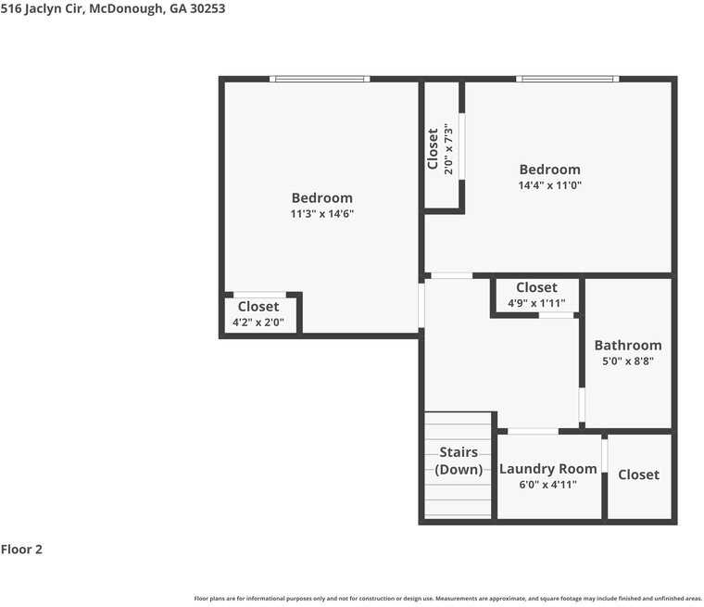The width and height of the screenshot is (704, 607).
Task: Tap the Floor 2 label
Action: coord(21,550)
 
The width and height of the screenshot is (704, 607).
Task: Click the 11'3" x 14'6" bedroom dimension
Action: coord(321,214)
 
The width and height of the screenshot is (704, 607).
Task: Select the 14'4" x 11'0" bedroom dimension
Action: coord(549,185)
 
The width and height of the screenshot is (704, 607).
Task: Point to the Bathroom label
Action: coord(627,346)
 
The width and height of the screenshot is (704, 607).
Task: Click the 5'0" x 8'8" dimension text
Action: coord(627,361)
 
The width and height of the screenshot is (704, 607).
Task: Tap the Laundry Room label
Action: coord(547,469)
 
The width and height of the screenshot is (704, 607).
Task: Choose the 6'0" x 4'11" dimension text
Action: coord(547,485)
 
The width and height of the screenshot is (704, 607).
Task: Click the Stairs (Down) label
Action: coord(459,461)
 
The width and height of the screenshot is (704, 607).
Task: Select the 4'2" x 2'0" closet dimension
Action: coord(258,323)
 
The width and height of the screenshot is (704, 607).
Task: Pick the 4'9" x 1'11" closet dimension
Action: coord(536,304)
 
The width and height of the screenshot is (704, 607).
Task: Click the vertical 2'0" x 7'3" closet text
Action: coord(448,148)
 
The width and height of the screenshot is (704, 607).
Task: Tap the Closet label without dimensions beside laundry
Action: coord(638,474)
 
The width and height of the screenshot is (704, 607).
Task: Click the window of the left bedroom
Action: coord(320,79)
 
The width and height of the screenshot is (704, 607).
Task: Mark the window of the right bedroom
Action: coord(567,79)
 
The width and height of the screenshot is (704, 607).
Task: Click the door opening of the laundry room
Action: coord(533,431)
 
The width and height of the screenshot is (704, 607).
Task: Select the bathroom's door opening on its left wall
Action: coord(582,406)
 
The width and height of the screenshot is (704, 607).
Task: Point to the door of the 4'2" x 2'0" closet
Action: coord(259,295)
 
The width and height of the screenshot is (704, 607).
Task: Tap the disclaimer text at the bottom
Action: coord(447,599)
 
